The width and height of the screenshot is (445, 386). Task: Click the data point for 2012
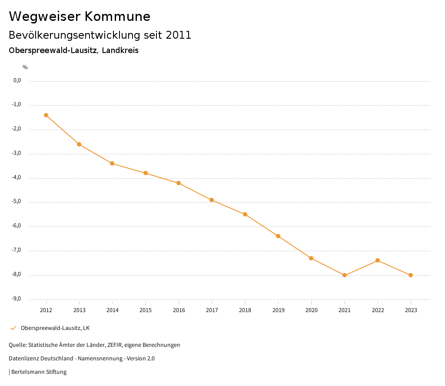[x=46, y=115]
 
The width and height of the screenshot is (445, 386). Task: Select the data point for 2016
[x=179, y=183]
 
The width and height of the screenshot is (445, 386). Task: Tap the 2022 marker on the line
[x=378, y=260]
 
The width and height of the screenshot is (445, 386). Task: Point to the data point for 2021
[x=345, y=275]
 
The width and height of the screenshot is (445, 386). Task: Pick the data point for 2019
[x=278, y=236]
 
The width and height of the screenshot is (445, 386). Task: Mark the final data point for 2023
[x=411, y=275]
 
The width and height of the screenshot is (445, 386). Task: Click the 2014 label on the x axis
[x=113, y=310]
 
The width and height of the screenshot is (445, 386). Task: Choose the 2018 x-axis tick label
[x=245, y=310]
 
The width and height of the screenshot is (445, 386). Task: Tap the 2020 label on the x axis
[x=312, y=310]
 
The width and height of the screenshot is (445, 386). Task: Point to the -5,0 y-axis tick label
[x=17, y=202]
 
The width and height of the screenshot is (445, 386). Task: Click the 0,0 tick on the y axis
[x=17, y=80]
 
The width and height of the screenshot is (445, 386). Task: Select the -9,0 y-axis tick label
[x=17, y=299]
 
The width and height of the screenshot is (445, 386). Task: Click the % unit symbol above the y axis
[x=25, y=67]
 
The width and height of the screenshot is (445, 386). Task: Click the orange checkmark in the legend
[x=13, y=328]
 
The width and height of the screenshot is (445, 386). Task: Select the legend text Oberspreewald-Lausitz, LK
[x=55, y=328]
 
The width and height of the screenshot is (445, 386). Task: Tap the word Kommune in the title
[x=117, y=17]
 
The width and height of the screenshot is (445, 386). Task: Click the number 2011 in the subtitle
[x=179, y=35]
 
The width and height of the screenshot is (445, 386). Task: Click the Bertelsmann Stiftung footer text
[x=39, y=372]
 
